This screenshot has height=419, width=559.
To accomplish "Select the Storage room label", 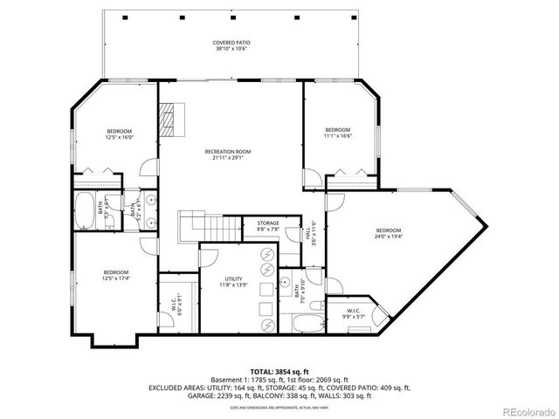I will pos(268,226).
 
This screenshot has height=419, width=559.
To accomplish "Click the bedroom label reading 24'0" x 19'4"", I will pos(389,233).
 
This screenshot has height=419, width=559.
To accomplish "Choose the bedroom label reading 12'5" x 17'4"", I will pos(117,277).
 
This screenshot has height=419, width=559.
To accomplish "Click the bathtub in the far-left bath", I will pos(86,210).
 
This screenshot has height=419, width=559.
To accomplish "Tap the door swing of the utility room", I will pos(210,258).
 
